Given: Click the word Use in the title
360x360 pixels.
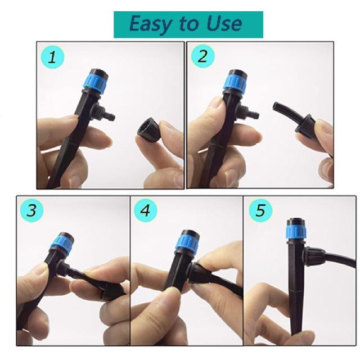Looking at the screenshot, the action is [x=224, y=24].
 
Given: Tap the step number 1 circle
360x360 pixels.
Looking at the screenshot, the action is [x=52, y=57].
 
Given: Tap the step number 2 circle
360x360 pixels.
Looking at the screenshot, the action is [x=202, y=56].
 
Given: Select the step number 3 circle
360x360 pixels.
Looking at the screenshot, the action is [x=31, y=210].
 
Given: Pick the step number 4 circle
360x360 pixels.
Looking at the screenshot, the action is [x=146, y=210].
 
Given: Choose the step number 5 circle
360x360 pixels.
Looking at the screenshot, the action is [x=260, y=210].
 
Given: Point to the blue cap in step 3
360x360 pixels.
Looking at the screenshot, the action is [x=62, y=243].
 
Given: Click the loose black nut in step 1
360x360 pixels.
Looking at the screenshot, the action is [x=148, y=129].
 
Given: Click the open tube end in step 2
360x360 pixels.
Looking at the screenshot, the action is [x=276, y=106].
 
